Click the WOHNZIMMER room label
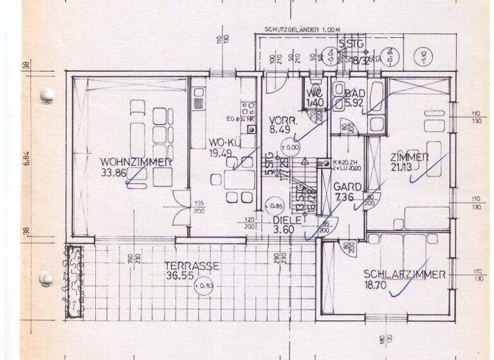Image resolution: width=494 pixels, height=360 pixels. [x=136, y=162]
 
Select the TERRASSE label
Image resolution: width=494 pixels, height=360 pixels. [x=192, y=265]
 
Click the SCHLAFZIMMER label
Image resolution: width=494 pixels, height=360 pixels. [x=405, y=274]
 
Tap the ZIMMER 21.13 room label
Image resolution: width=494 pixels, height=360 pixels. [x=408, y=157]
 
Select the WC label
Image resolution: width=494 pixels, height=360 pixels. [x=315, y=93]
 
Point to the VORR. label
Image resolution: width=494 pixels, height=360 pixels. [x=282, y=120]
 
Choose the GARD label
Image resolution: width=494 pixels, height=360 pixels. [x=347, y=186]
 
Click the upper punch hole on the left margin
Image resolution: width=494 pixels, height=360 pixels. [x=46, y=96]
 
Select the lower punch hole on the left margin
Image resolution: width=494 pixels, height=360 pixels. [x=46, y=278]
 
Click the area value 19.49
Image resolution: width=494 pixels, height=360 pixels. [x=221, y=152]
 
